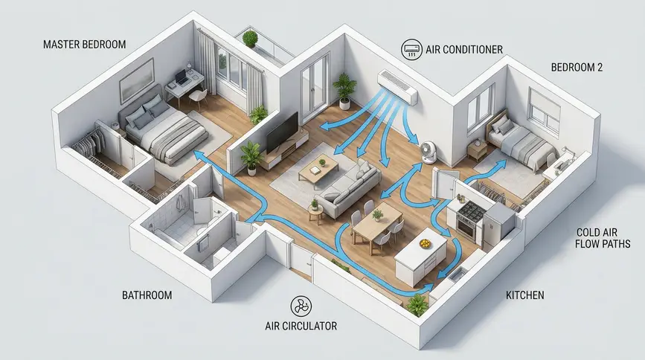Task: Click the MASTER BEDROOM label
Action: point(84,45)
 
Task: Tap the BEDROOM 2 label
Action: point(577,68)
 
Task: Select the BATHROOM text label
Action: point(147,295)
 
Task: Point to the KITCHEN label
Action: point(525,295)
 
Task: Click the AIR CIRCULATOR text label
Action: point(301,327)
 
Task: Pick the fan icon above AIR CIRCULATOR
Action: point(301,306)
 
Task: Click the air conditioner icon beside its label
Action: point(411,49)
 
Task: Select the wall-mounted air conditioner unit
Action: point(398,86)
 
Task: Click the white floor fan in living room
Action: point(428,152)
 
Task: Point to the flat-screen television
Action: point(282,132)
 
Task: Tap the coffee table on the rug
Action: point(318,170)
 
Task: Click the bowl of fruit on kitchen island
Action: point(425,243)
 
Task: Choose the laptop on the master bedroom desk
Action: point(180,78)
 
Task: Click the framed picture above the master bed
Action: point(137,80)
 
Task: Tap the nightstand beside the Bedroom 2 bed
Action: point(477,150)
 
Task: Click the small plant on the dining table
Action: point(376,215)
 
